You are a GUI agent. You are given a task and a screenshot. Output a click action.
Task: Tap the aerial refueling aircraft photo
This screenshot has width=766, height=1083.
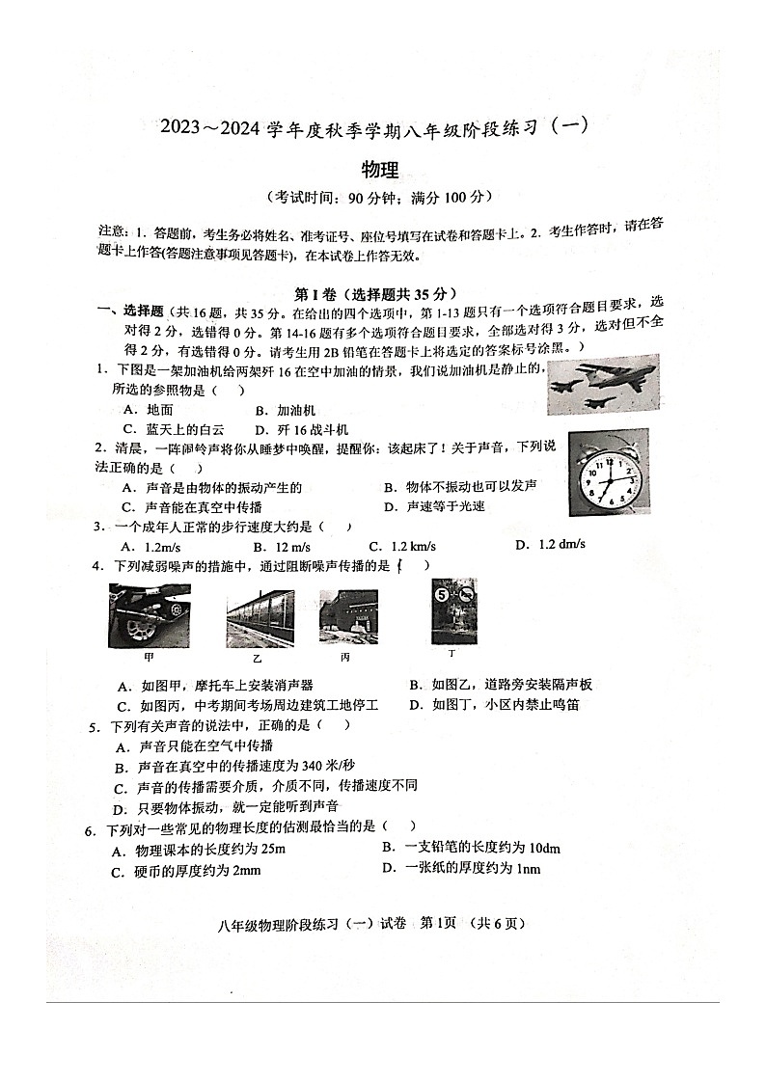point(602,384)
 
